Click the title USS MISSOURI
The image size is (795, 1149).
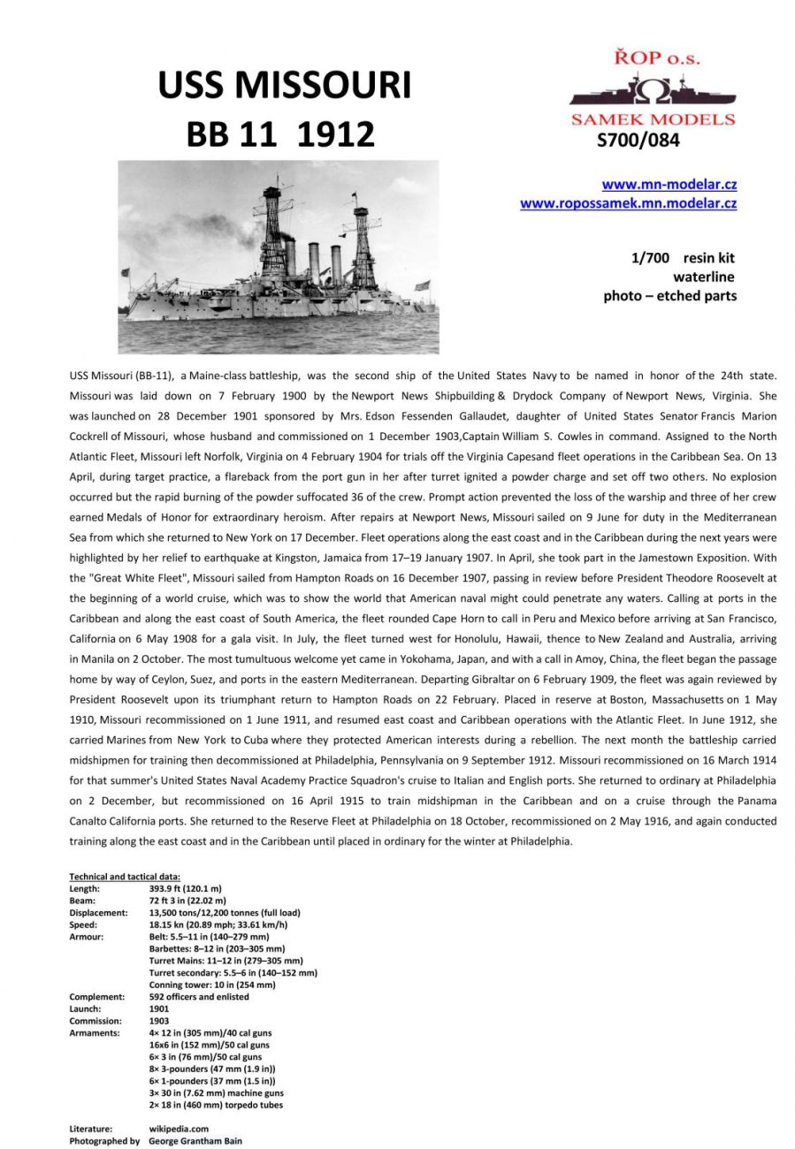tap(284, 86)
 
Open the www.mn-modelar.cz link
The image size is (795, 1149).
tap(669, 185)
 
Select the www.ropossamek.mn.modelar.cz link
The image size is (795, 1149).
tap(628, 203)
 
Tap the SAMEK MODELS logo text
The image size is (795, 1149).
tap(653, 119)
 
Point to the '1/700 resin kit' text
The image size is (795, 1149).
tap(682, 258)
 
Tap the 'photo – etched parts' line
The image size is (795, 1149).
tap(669, 295)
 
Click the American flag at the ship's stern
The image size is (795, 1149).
tap(423, 285)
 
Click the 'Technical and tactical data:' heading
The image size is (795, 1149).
tap(125, 877)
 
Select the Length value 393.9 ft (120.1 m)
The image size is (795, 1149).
tap(186, 888)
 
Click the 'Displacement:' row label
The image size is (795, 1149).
tap(98, 913)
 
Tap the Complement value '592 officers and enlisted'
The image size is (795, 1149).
tap(199, 997)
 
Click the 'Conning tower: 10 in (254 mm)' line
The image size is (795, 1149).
tap(212, 985)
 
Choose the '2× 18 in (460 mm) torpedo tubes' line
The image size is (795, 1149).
tap(216, 1105)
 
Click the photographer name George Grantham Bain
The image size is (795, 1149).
tap(195, 1141)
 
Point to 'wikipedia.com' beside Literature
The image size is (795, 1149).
tap(179, 1129)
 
